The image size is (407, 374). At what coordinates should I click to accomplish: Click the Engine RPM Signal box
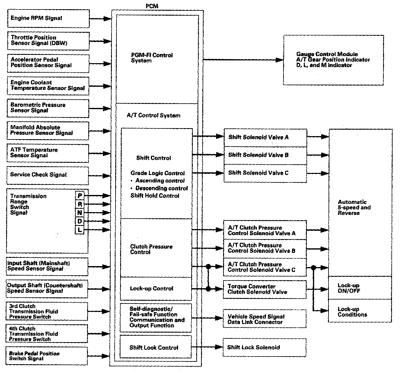click(x=48, y=18)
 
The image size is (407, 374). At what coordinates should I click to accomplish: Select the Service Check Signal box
click(x=48, y=175)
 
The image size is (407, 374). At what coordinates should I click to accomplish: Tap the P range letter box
click(x=80, y=196)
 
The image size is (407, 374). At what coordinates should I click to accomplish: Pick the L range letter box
click(x=80, y=230)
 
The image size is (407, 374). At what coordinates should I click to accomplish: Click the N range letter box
click(x=80, y=213)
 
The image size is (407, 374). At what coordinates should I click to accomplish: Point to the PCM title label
click(x=152, y=6)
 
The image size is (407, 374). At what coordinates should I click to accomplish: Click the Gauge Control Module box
click(x=333, y=60)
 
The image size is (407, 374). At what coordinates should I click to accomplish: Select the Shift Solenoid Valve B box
click(x=265, y=155)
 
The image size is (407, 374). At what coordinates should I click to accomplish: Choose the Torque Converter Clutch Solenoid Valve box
click(x=264, y=289)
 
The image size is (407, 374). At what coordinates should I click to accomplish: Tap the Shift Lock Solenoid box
click(x=264, y=347)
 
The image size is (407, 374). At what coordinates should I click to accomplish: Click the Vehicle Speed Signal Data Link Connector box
click(x=264, y=319)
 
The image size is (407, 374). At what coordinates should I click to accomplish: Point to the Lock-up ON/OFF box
click(x=360, y=288)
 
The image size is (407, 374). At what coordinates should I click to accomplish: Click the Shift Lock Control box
click(x=156, y=347)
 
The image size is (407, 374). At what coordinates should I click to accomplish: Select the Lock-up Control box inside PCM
click(x=156, y=289)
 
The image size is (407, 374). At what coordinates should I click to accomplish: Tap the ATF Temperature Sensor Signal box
click(x=48, y=153)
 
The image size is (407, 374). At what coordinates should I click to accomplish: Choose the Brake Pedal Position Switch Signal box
click(x=47, y=356)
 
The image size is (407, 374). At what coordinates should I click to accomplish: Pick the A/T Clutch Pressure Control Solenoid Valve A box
click(x=265, y=230)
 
